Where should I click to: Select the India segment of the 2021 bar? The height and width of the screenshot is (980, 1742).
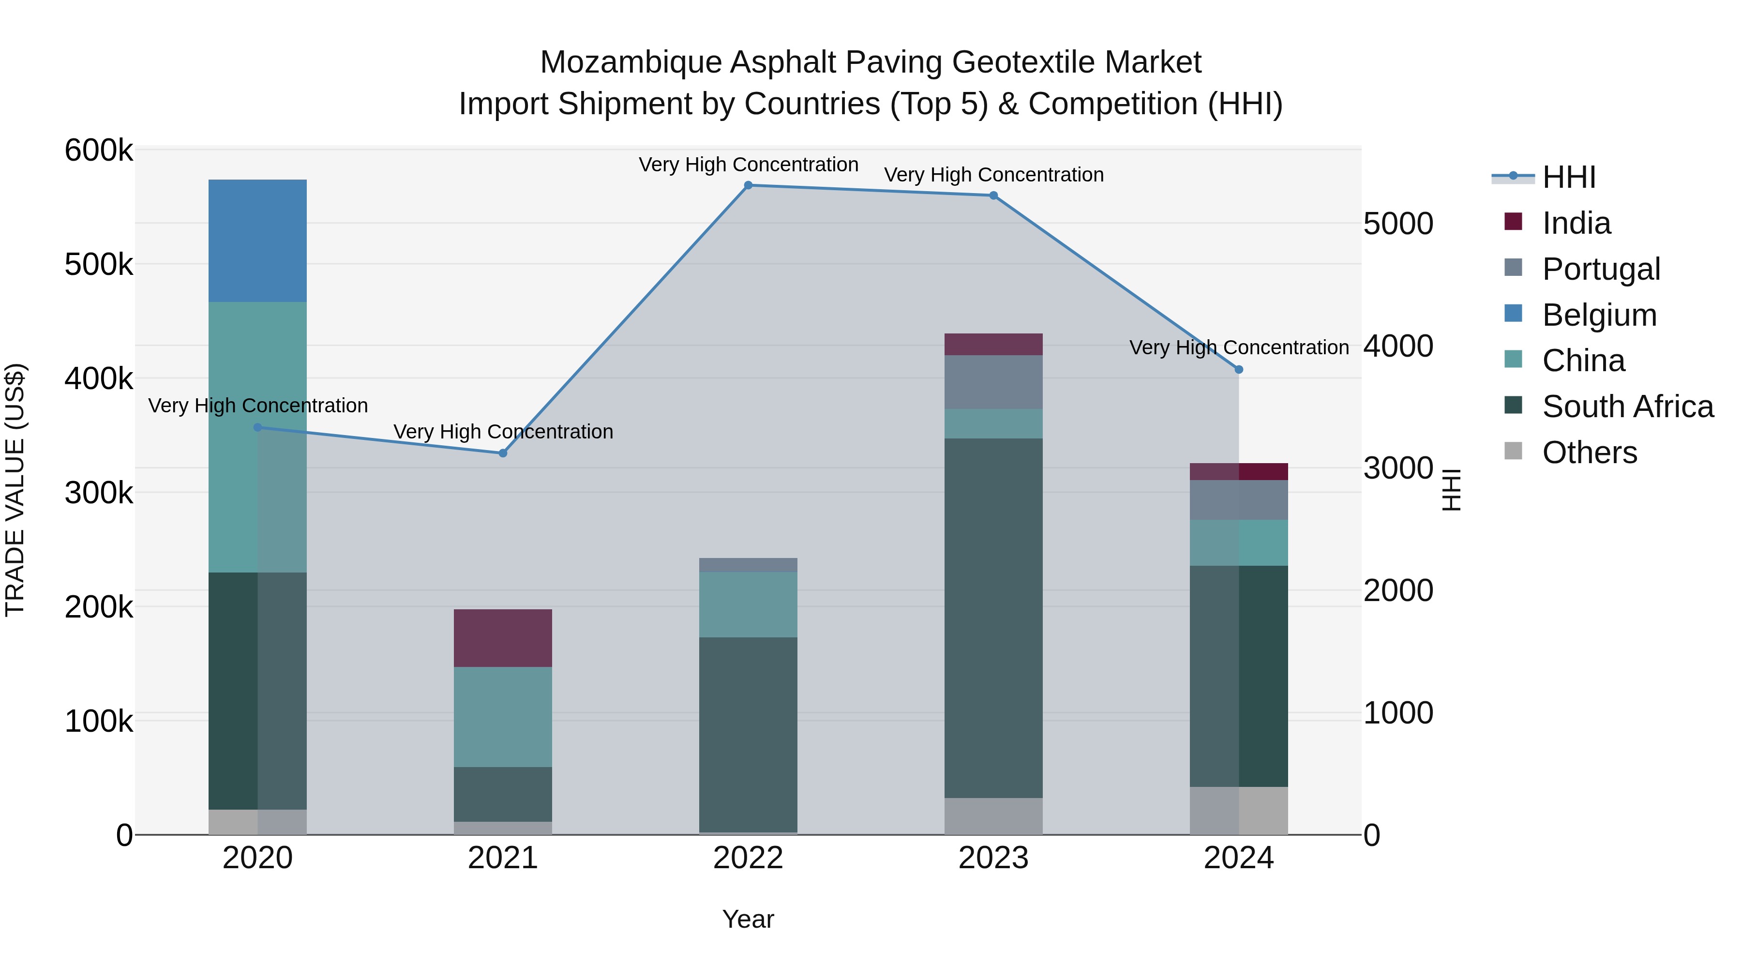tap(502, 638)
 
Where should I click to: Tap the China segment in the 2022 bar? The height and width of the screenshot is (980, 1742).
tap(748, 604)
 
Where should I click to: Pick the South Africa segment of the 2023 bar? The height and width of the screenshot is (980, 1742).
tap(993, 618)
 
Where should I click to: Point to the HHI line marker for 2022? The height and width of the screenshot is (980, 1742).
tap(748, 185)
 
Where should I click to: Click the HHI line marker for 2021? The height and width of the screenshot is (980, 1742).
tap(502, 453)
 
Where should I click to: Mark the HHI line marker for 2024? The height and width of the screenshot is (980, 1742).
tap(1239, 370)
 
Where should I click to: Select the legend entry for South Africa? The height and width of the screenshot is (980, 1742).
tap(1628, 407)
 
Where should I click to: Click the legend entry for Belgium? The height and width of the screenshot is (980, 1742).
tap(1599, 315)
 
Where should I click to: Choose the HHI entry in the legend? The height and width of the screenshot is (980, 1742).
tap(1569, 177)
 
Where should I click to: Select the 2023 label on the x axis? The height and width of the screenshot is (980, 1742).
tap(993, 858)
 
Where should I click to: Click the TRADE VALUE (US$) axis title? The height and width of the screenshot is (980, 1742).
tap(15, 490)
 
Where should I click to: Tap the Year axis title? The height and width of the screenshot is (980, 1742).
tap(748, 919)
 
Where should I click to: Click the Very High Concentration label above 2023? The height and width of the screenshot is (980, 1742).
tap(993, 175)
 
